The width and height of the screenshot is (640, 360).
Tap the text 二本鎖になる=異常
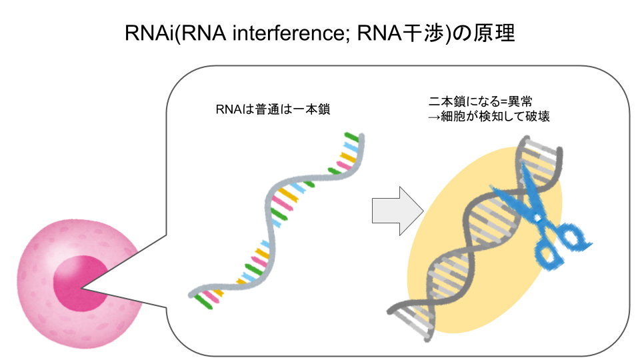(480, 102)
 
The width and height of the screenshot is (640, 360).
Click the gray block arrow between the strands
(397, 211)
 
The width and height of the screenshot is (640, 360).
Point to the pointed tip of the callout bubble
(83, 289)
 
